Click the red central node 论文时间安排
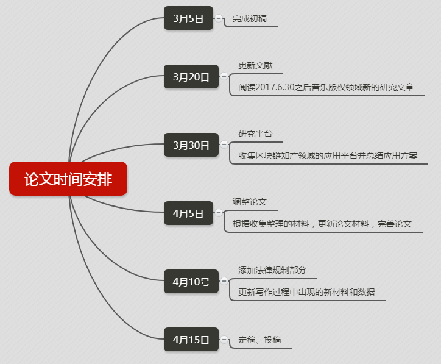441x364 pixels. [x=68, y=179]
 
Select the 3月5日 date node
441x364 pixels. [x=188, y=18]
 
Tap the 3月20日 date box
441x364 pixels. [x=191, y=77]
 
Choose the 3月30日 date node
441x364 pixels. [x=191, y=145]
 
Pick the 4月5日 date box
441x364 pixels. [x=188, y=213]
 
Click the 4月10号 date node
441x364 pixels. [x=191, y=282]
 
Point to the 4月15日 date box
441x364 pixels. [x=191, y=340]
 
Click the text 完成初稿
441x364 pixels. [x=249, y=19]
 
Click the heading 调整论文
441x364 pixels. [x=249, y=202]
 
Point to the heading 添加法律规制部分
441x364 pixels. [x=272, y=270]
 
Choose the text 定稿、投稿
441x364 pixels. [x=259, y=340]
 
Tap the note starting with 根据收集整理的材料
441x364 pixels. [x=322, y=224]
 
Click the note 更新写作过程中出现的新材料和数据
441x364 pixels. [x=306, y=292]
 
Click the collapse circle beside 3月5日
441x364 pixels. [x=219, y=18]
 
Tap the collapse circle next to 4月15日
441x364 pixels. [x=224, y=340]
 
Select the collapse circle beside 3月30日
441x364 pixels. [x=224, y=145]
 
